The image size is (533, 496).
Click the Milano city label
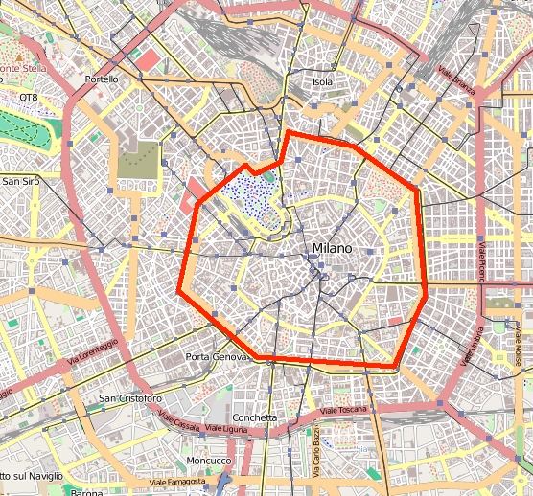coord(332,249)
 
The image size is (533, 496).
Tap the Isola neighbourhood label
coord(323,82)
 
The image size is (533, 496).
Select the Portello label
coord(102,79)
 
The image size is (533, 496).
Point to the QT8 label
coord(29,98)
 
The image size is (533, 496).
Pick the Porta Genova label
coord(216,357)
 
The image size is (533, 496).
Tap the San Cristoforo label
coord(133,398)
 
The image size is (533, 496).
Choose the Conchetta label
coord(255,417)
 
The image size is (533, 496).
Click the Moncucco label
coord(208,461)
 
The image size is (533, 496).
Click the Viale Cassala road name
coord(179,422)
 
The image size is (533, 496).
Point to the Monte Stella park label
coord(22,68)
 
